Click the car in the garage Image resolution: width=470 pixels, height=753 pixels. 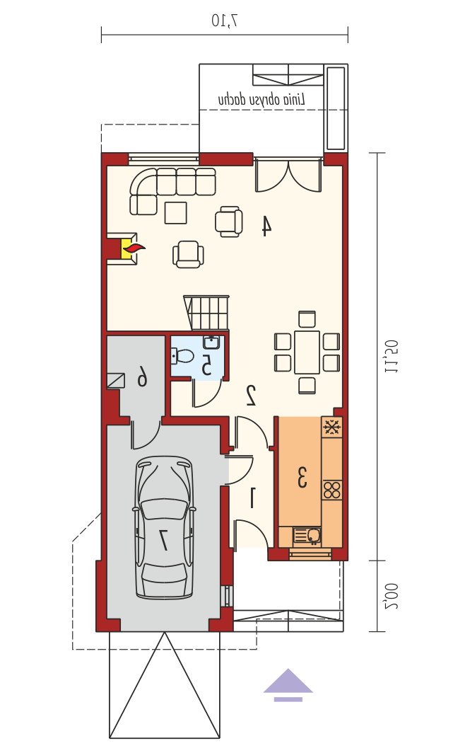tap(164, 527)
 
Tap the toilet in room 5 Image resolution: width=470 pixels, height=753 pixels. tap(182, 356)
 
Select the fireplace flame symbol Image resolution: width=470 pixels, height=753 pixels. tap(133, 248)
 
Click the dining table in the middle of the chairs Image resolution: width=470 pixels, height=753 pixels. tap(307, 352)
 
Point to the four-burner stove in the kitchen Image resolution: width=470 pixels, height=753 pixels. tap(332, 490)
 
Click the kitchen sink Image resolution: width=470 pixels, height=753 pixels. tap(307, 536)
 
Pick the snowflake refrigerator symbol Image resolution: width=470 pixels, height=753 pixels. tap(332, 427)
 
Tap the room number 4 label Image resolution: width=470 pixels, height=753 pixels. tap(266, 226)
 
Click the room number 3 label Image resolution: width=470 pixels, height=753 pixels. tap(302, 476)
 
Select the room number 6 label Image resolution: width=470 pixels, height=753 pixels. tap(143, 376)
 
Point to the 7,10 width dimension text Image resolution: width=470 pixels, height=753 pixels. tap(225, 20)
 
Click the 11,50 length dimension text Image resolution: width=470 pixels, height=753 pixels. tap(391, 357)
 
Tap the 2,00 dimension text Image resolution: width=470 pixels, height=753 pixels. tap(391, 596)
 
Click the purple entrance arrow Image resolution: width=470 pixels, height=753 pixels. tap(288, 684)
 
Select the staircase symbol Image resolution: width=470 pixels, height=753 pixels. tap(206, 313)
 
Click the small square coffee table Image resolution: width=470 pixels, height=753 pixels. tap(175, 213)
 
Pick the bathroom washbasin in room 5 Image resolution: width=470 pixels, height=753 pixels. tap(211, 342)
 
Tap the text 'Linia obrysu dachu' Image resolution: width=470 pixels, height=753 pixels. tap(262, 99)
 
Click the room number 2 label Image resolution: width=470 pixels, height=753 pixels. tap(251, 395)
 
